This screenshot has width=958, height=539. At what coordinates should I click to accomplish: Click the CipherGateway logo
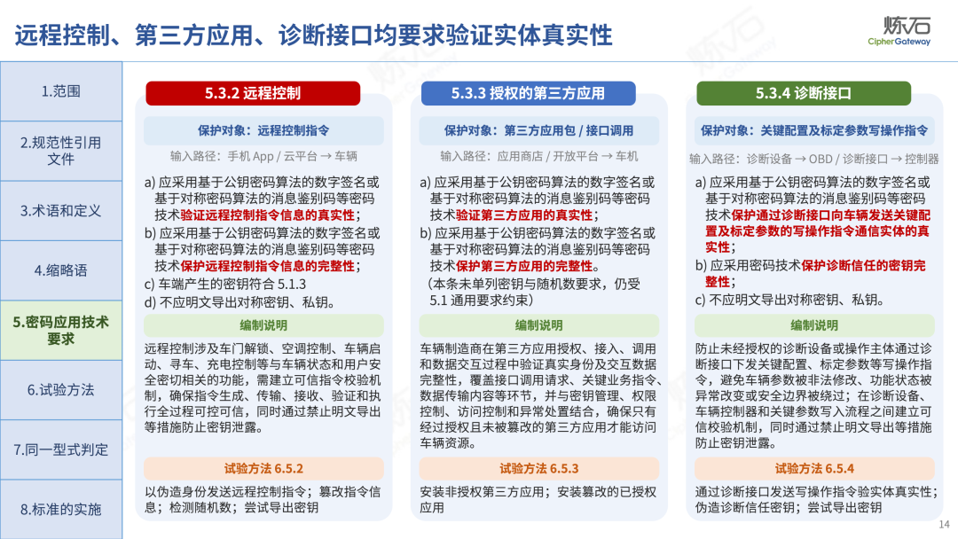pos(899,30)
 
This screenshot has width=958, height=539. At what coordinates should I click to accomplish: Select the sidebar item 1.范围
pos(61,91)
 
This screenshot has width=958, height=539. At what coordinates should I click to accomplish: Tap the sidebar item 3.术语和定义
pos(61,211)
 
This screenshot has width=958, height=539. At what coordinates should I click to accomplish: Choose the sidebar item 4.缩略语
pos(61,270)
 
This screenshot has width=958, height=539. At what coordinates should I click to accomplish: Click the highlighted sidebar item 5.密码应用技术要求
pos(61,331)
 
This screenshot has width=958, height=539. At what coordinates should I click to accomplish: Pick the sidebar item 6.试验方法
pos(61,390)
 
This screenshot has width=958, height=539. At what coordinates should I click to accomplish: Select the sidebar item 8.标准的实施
pos(61,509)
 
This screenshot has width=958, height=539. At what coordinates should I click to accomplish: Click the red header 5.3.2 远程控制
pos(253,93)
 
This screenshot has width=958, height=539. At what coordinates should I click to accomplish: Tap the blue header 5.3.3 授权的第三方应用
pos(529,93)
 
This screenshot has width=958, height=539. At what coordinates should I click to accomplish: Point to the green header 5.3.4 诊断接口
pos(804,93)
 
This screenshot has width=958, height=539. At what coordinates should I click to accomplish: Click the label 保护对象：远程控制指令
pos(263,130)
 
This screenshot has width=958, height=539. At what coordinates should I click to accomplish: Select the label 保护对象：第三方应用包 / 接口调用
pos(539,130)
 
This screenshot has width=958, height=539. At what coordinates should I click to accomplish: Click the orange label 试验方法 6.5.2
pos(263,469)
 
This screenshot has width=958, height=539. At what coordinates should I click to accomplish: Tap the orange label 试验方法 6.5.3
pos(539,469)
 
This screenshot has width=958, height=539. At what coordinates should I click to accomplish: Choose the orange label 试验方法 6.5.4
pos(814,469)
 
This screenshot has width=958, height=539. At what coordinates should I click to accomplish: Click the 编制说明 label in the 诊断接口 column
pos(814,325)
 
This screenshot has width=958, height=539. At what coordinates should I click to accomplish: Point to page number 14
pos(944,524)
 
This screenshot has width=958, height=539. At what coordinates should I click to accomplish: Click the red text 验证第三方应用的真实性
pos(524,215)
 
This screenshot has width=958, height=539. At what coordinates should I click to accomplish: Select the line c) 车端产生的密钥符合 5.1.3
pos(225,285)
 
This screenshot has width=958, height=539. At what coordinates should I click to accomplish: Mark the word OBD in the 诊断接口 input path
pos(821,160)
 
